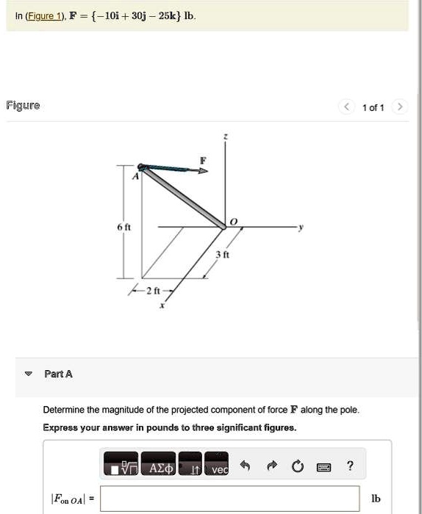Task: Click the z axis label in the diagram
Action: point(226,137)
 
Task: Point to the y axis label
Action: point(300,227)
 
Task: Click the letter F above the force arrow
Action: point(204,159)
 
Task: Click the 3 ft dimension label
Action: point(220,254)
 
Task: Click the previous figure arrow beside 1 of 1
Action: point(346,107)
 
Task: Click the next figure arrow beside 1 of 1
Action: point(399,107)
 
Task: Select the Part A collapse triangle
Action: point(28,374)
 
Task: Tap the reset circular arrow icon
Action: point(297,466)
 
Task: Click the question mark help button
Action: point(350,466)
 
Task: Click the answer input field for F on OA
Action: point(230,499)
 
